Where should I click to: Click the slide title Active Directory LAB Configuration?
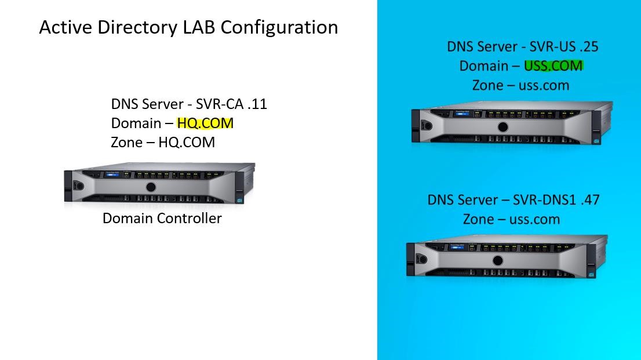pos(188,27)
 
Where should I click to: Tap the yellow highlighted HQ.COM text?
pos(205,123)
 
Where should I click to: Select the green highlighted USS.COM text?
pos(553,66)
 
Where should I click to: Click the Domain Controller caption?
pos(162,219)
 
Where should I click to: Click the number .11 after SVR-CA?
pos(256,104)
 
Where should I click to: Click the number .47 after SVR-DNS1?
pos(589,200)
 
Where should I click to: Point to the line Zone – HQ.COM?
pos(163,143)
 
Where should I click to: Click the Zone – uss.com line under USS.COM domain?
pos(520,86)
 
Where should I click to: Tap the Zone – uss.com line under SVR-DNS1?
pos(511,220)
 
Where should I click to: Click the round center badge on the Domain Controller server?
pos(151,187)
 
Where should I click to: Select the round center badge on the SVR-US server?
pos(502,127)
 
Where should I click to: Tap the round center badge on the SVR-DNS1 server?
pos(497,260)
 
